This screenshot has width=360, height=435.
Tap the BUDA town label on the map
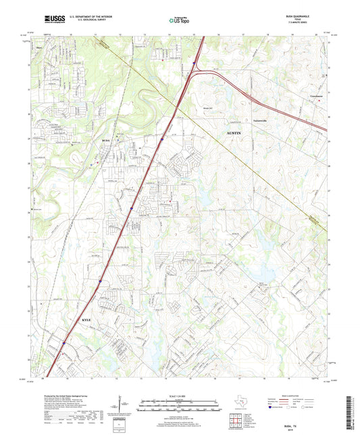pos(105,140)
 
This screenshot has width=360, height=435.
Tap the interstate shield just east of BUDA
pos(162,140)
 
